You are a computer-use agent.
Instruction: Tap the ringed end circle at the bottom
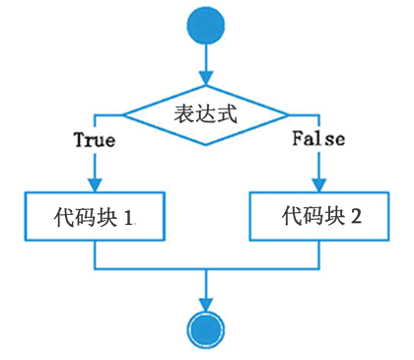pos(206,329)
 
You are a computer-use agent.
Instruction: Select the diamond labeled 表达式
pos(206,114)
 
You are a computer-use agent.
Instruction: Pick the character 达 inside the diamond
pos(206,113)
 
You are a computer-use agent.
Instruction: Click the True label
pos(95,140)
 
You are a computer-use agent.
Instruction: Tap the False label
pos(318,139)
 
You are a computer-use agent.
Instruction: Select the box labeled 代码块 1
pos(95,215)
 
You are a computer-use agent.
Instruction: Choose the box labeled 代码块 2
pos(319,215)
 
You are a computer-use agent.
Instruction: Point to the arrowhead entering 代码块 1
pos(95,184)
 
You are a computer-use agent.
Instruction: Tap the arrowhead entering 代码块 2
pos(318,184)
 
